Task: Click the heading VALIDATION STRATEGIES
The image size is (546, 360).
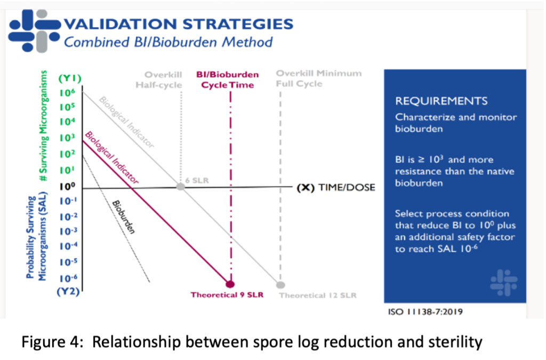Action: click(x=178, y=24)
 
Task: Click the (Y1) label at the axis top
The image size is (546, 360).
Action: click(x=70, y=79)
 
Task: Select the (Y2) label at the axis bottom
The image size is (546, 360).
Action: click(x=70, y=291)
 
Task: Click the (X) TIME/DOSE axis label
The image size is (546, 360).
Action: click(x=335, y=188)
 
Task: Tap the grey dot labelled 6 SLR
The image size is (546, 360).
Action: click(x=181, y=187)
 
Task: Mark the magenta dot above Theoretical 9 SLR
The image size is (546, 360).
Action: click(x=230, y=284)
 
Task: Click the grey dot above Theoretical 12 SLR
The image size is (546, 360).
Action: click(x=281, y=284)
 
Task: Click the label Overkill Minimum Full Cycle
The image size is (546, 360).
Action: click(x=318, y=78)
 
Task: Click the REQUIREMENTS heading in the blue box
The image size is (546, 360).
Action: click(x=441, y=101)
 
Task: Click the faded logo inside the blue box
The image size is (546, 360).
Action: click(x=504, y=282)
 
